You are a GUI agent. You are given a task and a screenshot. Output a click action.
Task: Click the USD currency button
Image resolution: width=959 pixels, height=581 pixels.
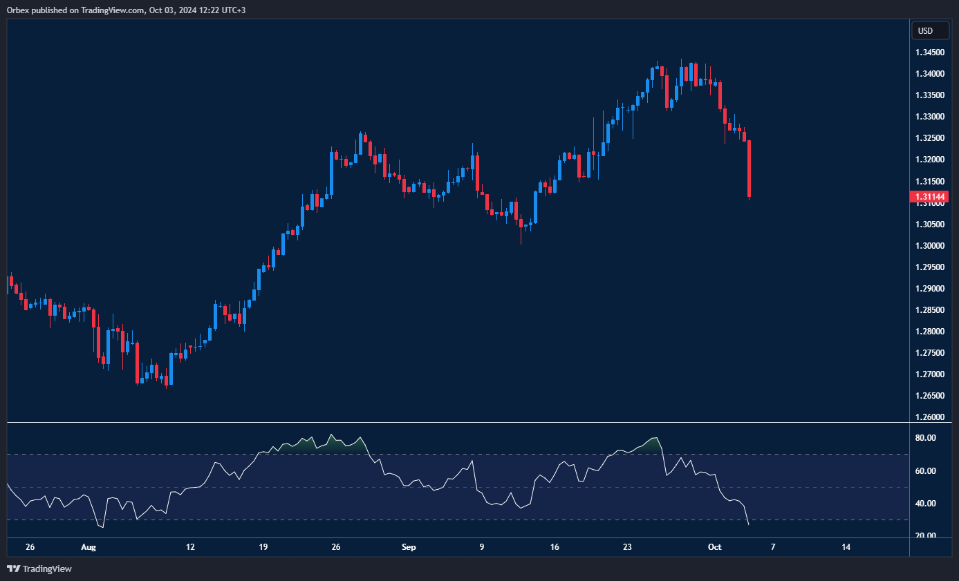tap(925, 30)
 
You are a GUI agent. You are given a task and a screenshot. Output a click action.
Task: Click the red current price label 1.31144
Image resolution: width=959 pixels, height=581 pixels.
tap(929, 197)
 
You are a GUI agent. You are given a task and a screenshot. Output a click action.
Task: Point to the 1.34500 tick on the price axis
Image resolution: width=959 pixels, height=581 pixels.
tap(930, 53)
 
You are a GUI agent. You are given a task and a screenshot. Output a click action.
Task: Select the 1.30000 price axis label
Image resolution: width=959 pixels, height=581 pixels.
tap(930, 246)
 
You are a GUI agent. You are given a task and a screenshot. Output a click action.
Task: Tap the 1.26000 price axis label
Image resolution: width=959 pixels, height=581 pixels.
tap(930, 417)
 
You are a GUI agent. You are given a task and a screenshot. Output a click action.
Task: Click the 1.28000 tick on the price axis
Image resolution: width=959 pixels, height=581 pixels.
tap(930, 332)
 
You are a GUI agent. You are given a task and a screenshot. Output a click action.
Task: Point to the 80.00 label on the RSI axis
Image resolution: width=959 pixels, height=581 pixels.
tap(925, 438)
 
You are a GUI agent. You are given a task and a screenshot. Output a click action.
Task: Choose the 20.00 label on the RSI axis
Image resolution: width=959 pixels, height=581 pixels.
tap(925, 536)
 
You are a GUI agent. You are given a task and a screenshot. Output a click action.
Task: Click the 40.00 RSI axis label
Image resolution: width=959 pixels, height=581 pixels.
tap(925, 504)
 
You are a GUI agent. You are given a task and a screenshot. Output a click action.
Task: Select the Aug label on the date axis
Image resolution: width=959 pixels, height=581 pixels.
tap(88, 547)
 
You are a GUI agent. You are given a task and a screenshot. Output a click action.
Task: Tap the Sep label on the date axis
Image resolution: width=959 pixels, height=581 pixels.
tap(409, 547)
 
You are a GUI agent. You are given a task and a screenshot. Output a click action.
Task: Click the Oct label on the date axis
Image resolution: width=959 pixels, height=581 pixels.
tap(715, 547)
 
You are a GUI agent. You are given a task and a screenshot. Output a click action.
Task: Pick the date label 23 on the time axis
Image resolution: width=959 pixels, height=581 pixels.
tap(627, 547)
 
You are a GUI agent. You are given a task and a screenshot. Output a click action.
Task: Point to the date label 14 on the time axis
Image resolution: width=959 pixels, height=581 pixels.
tap(846, 547)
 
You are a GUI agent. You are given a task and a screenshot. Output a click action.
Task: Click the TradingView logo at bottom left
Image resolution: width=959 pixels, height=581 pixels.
tap(39, 569)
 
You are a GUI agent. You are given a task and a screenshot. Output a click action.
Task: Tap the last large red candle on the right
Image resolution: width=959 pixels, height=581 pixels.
tap(749, 169)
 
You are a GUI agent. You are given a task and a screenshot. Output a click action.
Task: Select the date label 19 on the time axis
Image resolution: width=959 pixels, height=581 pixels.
tap(263, 547)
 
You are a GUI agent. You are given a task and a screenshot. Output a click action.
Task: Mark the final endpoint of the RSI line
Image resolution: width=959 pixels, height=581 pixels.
tap(749, 525)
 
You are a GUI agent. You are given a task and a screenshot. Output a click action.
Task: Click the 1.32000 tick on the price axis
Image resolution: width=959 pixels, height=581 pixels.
tap(930, 160)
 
